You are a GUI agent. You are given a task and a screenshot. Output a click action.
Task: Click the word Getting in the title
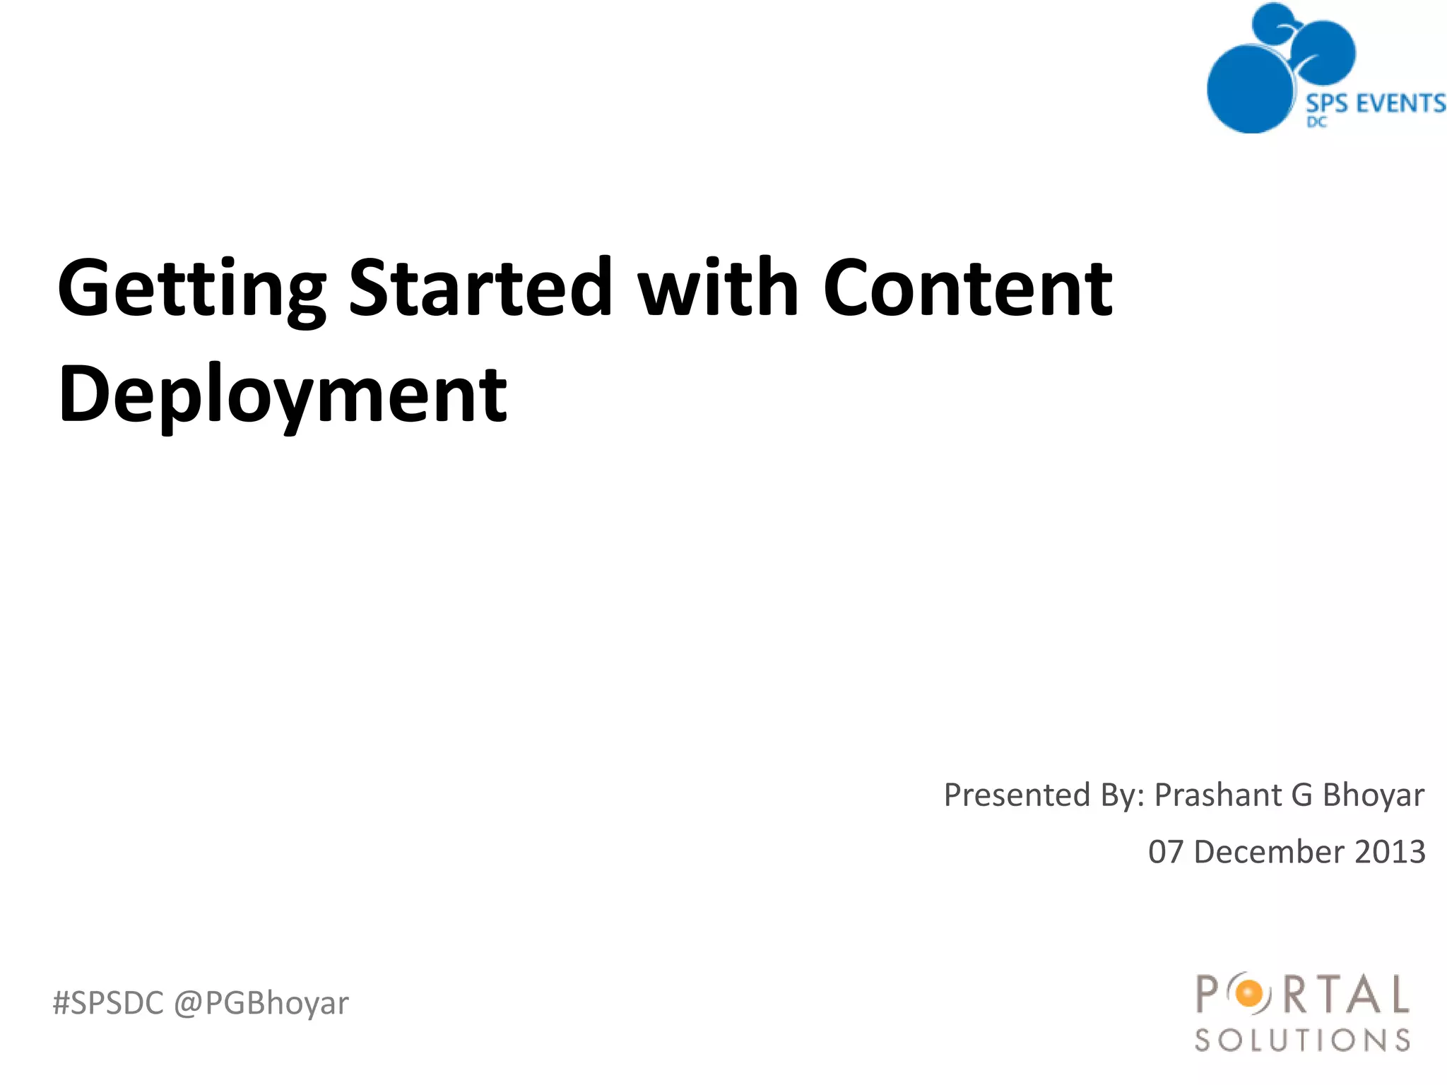[x=191, y=290]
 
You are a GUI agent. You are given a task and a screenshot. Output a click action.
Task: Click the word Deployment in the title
[x=283, y=396]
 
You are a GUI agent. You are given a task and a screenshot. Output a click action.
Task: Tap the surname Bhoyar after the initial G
[x=1373, y=795]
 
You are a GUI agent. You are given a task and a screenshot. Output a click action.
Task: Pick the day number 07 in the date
[x=1165, y=852]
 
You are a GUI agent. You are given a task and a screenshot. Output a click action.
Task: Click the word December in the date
[x=1269, y=852]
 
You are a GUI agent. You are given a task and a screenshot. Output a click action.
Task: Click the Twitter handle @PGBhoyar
[x=261, y=1003]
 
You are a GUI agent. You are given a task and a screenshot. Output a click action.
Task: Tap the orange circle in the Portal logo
[x=1249, y=995]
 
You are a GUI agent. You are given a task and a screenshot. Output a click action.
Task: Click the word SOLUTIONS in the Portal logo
[x=1302, y=1040]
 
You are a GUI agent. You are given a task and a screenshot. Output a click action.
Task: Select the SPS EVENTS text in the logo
[x=1375, y=104]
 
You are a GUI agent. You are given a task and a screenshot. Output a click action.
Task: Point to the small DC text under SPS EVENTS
[x=1316, y=122]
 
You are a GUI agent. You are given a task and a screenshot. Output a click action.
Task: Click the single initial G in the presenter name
[x=1301, y=795]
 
